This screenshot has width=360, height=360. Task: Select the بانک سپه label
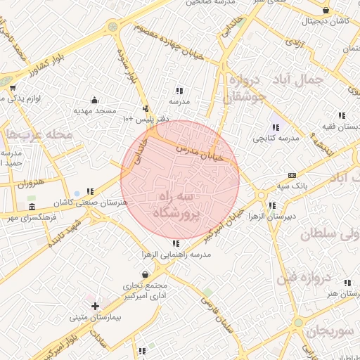click(292, 186)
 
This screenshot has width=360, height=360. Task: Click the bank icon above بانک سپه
click(292, 176)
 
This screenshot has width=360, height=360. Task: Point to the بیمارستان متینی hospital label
click(96, 318)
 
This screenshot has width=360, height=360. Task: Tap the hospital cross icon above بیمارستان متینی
click(95, 306)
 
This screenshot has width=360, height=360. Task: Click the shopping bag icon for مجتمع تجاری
click(145, 275)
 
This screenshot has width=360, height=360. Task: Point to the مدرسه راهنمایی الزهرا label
click(176, 255)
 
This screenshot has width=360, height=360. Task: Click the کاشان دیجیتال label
click(326, 22)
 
